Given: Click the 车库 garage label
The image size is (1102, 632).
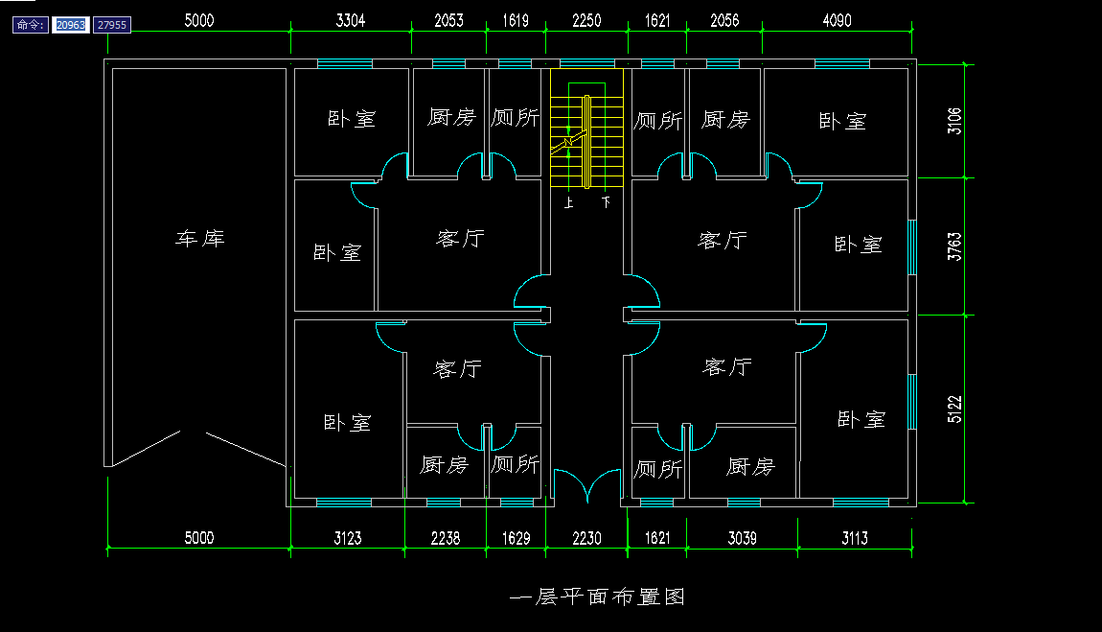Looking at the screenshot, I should point(199,238).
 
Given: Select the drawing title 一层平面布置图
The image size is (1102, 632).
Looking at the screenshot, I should point(598,597).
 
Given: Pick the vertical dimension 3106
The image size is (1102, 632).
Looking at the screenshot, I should point(954,121).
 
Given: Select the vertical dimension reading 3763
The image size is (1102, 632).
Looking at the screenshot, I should point(954,246).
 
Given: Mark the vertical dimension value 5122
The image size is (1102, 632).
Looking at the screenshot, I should point(954,409).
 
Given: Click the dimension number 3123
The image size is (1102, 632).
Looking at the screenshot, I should point(348,538).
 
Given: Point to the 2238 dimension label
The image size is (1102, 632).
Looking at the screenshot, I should point(446,538).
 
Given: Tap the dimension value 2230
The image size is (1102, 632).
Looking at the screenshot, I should point(586,538).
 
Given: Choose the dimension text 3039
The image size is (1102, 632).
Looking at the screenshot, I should point(742,538).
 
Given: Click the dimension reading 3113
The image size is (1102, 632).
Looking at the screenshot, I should point(855,538).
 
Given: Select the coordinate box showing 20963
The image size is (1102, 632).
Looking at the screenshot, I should point(71,25).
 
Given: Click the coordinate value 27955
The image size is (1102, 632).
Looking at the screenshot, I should point(113,25).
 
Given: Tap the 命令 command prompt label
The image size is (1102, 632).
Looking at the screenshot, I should point(31,25).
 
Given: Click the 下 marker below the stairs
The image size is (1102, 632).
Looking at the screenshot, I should point(606,203).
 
